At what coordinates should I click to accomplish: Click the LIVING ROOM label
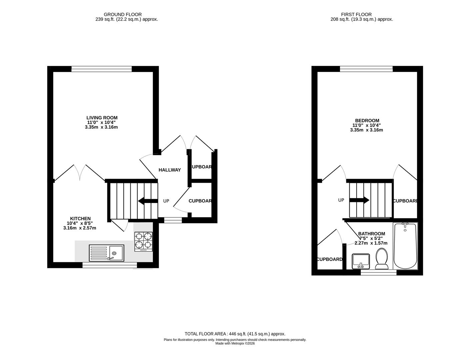pyautogui.click(x=102, y=118)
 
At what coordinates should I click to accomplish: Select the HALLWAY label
pyautogui.click(x=170, y=170)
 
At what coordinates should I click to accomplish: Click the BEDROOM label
pyautogui.click(x=367, y=121)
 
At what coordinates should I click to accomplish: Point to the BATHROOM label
pyautogui.click(x=371, y=234)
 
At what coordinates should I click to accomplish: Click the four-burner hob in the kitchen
pyautogui.click(x=144, y=242)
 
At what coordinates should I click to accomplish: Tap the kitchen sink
pyautogui.click(x=106, y=253)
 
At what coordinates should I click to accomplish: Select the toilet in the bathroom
pyautogui.click(x=382, y=260)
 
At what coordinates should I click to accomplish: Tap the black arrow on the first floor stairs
pyautogui.click(x=359, y=200)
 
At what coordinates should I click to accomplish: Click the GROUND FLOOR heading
pyautogui.click(x=123, y=14)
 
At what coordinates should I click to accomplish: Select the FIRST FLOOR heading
pyautogui.click(x=356, y=14)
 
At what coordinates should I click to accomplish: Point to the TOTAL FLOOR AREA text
pyautogui.click(x=235, y=334)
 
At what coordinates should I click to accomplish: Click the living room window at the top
pyautogui.click(x=102, y=69)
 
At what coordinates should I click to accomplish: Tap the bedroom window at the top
pyautogui.click(x=366, y=69)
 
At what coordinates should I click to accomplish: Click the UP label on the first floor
pyautogui.click(x=341, y=200)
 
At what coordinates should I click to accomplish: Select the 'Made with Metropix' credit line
pyautogui.click(x=235, y=343)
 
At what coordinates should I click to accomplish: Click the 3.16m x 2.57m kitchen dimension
pyautogui.click(x=80, y=228)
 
